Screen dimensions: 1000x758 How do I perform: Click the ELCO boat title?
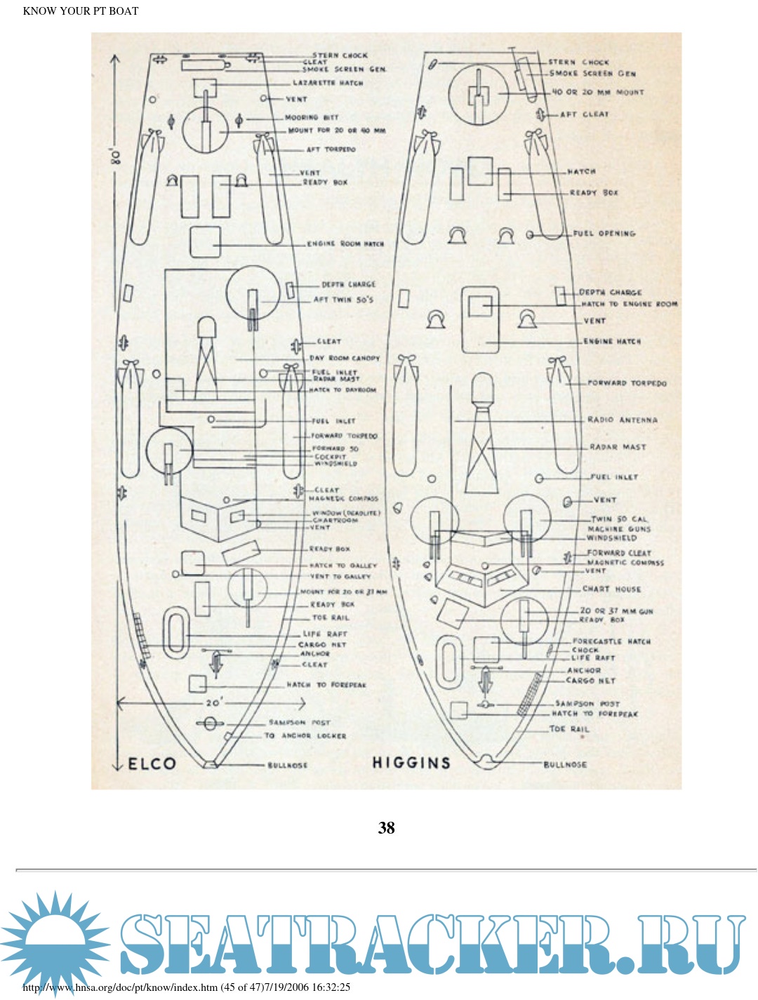152,764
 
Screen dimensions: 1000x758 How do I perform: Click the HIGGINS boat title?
411,763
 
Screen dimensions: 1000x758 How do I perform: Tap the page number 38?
387,828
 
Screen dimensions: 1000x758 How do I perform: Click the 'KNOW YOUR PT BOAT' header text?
81,11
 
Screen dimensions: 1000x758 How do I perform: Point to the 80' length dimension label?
115,156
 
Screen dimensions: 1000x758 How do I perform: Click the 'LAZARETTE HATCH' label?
328,83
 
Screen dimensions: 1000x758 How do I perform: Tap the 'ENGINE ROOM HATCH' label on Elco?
345,244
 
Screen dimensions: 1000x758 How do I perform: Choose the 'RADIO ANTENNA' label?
623,420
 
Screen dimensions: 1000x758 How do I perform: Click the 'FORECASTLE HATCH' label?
611,641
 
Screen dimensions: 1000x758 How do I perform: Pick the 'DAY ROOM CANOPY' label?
345,358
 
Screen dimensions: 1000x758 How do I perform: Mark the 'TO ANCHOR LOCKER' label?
305,735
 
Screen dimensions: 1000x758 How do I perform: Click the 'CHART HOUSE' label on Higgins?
611,589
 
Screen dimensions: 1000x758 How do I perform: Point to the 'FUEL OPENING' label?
604,234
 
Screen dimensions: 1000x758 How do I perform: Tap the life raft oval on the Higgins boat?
448,661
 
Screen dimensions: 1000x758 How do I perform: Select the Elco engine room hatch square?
205,242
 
